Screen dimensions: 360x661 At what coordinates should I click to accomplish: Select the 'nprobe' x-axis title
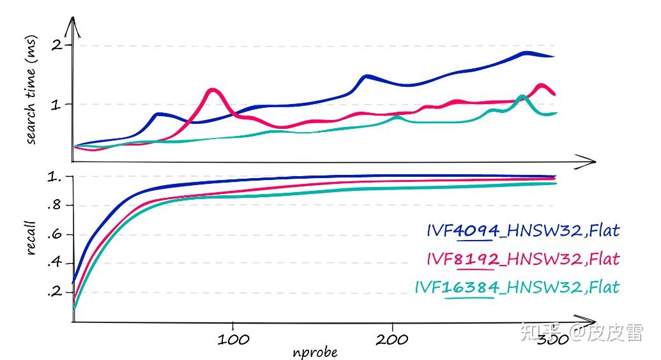pyautogui.click(x=315, y=352)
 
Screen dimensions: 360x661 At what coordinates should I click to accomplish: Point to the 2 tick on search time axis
pyautogui.click(x=58, y=45)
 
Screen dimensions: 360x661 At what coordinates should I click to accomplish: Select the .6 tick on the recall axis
pyautogui.click(x=57, y=234)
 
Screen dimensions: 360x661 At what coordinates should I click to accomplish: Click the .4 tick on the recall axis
pyautogui.click(x=57, y=262)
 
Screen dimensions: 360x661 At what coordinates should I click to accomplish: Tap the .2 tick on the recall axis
pyautogui.click(x=57, y=292)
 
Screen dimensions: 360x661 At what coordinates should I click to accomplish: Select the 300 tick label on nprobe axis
pyautogui.click(x=551, y=339)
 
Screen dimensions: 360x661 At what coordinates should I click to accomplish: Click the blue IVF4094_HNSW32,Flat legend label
pyautogui.click(x=523, y=230)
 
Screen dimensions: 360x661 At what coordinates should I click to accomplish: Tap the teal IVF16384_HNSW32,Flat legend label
pyautogui.click(x=517, y=287)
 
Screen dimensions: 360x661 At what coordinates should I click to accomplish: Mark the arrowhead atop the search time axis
pyautogui.click(x=74, y=24)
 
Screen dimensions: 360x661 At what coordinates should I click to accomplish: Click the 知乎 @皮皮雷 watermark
pyautogui.click(x=581, y=333)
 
